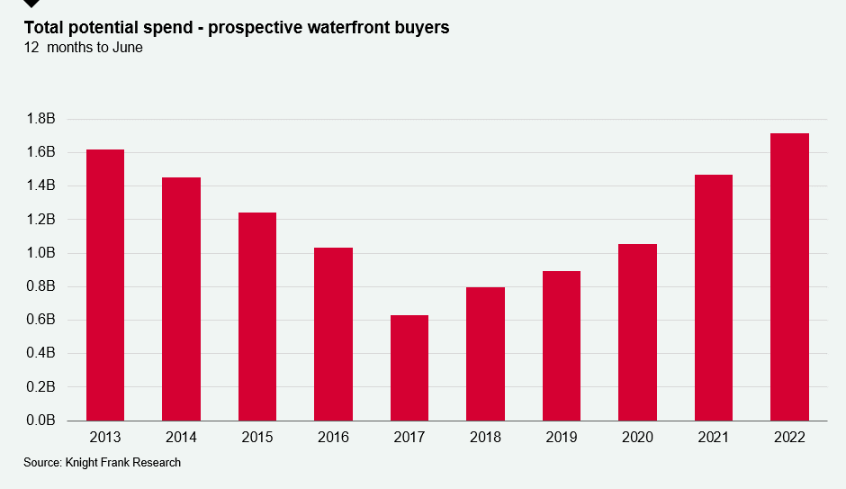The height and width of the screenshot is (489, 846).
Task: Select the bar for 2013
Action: (105, 285)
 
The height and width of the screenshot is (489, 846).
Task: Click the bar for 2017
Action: (409, 367)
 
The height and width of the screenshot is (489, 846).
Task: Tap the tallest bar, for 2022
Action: (789, 276)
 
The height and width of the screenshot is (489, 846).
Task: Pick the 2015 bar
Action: (257, 316)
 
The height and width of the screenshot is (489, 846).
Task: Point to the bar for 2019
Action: (562, 346)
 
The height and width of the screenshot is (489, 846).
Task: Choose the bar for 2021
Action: (714, 297)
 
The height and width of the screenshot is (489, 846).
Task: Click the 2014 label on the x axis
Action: (182, 437)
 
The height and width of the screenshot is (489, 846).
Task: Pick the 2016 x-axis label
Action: (334, 437)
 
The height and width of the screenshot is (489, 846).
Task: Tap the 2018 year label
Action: (485, 437)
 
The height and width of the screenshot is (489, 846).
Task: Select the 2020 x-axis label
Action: (637, 437)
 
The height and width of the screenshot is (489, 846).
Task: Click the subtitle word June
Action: (126, 48)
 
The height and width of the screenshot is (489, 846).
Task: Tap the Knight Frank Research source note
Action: (102, 462)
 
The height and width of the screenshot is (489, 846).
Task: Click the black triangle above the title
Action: (32, 4)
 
